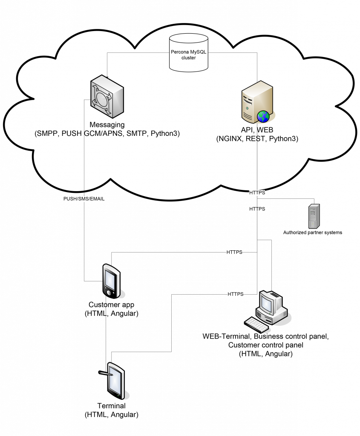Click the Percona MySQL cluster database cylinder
click(189, 53)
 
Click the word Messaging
click(107, 125)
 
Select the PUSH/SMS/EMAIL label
click(84, 198)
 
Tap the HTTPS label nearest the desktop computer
click(236, 294)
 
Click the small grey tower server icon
click(314, 216)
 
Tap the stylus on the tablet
click(106, 373)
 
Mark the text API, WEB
click(257, 130)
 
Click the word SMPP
click(48, 133)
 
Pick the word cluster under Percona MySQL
click(189, 57)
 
